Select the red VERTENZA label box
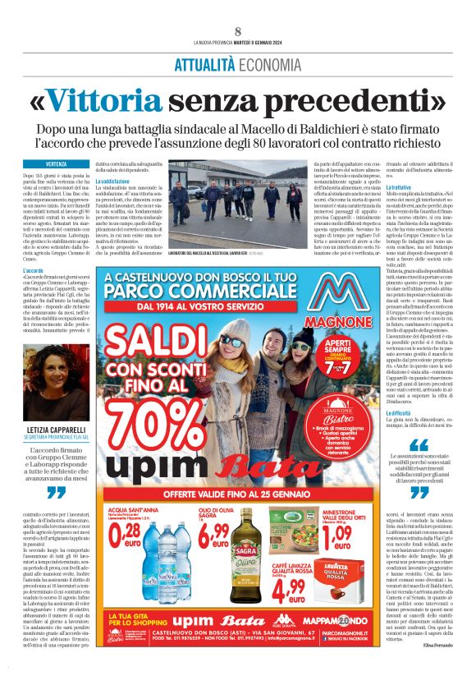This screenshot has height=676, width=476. (57, 164)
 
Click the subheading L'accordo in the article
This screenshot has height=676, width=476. (34, 270)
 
